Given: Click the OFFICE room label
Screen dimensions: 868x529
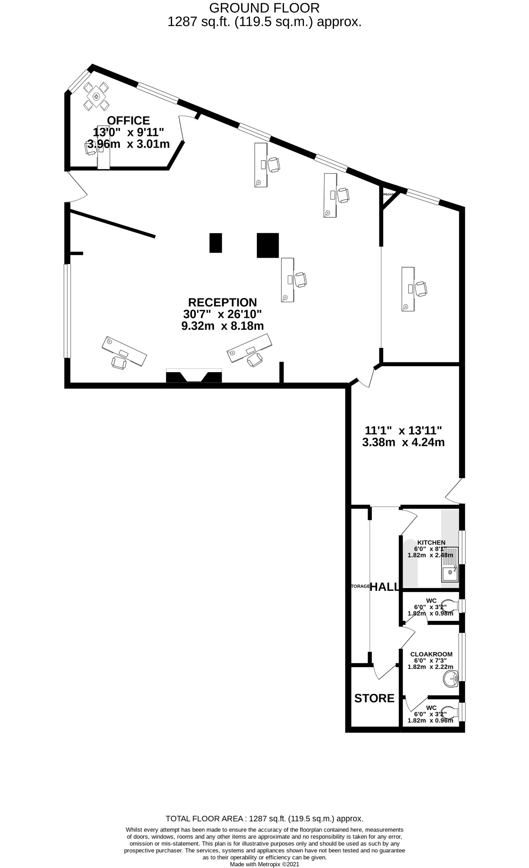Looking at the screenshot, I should tap(128, 120).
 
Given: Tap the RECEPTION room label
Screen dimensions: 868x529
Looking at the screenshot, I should tap(222, 303).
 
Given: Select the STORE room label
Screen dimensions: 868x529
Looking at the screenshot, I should tap(374, 698).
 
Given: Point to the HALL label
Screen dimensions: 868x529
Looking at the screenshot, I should tap(384, 587).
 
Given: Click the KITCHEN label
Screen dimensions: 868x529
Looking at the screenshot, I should tap(431, 542).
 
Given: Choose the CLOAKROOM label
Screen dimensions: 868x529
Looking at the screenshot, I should tap(431, 654).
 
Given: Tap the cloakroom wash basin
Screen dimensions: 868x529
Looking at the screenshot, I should tap(451, 680).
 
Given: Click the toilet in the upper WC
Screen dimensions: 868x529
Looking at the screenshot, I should tap(448, 605).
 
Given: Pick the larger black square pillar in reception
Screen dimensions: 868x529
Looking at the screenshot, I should tap(268, 245).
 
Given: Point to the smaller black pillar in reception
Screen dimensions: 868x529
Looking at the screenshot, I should tap(216, 243).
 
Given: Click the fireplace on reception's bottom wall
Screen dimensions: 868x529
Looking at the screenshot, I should tap(194, 376).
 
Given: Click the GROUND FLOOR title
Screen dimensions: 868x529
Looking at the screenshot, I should tap(264, 8).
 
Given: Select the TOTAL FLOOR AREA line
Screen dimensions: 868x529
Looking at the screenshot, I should tap(264, 819).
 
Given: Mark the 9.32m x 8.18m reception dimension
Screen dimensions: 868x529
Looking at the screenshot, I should tap(222, 326).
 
